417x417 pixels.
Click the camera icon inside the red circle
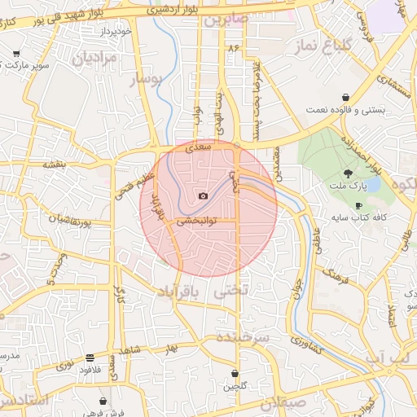click(x=203, y=195)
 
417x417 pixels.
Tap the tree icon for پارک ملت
click(x=349, y=172)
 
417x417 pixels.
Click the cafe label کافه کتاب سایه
click(x=358, y=218)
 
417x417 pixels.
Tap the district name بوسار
click(x=147, y=80)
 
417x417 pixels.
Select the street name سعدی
click(x=199, y=147)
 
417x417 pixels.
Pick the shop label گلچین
click(x=235, y=385)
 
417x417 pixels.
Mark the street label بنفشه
click(x=54, y=165)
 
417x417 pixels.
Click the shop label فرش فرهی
click(x=103, y=413)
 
